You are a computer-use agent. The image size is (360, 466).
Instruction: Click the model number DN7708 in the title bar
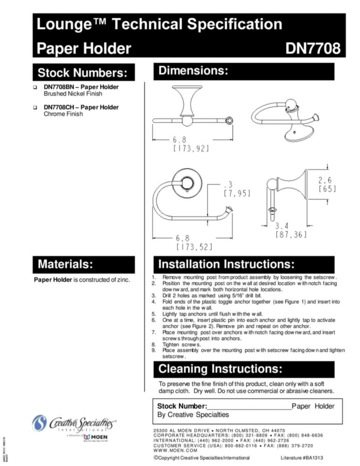313,48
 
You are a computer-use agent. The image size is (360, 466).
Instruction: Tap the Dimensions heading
193,71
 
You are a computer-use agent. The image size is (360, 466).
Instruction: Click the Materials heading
65,265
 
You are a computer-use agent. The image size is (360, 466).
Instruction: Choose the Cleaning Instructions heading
220,370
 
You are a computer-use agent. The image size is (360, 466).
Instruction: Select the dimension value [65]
327,189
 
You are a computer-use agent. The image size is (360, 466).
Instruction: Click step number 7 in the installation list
154,332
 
